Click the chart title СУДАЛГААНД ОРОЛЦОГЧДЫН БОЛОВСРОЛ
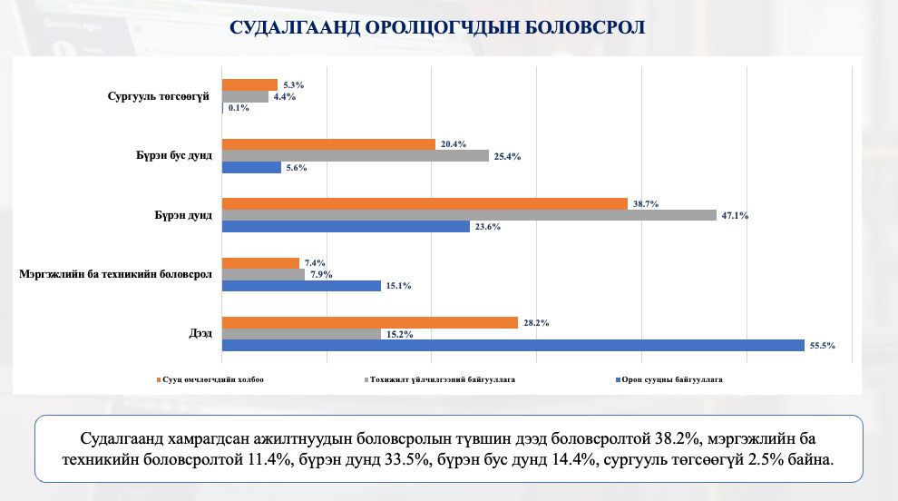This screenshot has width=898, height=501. tap(437, 27)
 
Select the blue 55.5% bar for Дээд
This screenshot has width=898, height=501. tap(513, 345)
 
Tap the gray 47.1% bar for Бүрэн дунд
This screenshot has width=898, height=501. tap(469, 215)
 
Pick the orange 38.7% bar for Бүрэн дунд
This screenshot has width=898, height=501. tap(425, 203)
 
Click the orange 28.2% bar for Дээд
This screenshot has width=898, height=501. tap(370, 322)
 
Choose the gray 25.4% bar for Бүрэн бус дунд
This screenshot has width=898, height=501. tap(356, 155)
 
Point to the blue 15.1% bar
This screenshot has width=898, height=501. tap(301, 286)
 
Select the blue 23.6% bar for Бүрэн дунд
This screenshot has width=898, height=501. tap(346, 227)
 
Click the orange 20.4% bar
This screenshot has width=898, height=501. tap(329, 143)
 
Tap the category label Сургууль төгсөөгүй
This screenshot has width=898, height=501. tap(159, 95)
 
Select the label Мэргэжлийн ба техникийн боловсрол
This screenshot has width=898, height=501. tap(115, 274)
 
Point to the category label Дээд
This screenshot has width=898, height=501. tap(200, 334)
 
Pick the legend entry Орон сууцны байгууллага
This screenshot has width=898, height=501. tap(672, 379)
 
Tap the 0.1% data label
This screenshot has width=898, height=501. tap(239, 108)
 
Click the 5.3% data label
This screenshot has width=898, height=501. tap(292, 84)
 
